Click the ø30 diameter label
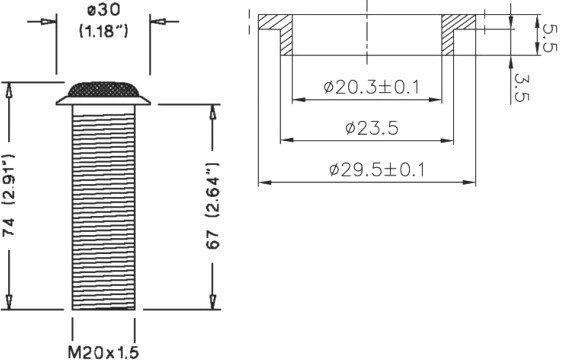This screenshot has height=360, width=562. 104,10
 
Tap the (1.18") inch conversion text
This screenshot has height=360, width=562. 103,31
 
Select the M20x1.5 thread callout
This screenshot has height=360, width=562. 103,352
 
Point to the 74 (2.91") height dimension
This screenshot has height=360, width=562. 9,195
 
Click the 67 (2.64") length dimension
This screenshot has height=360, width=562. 213,205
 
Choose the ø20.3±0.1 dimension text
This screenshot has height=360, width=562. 371,87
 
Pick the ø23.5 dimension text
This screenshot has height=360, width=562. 372,128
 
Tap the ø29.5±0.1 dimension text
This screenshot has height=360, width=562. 377,170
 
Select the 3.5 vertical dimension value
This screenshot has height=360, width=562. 521,87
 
